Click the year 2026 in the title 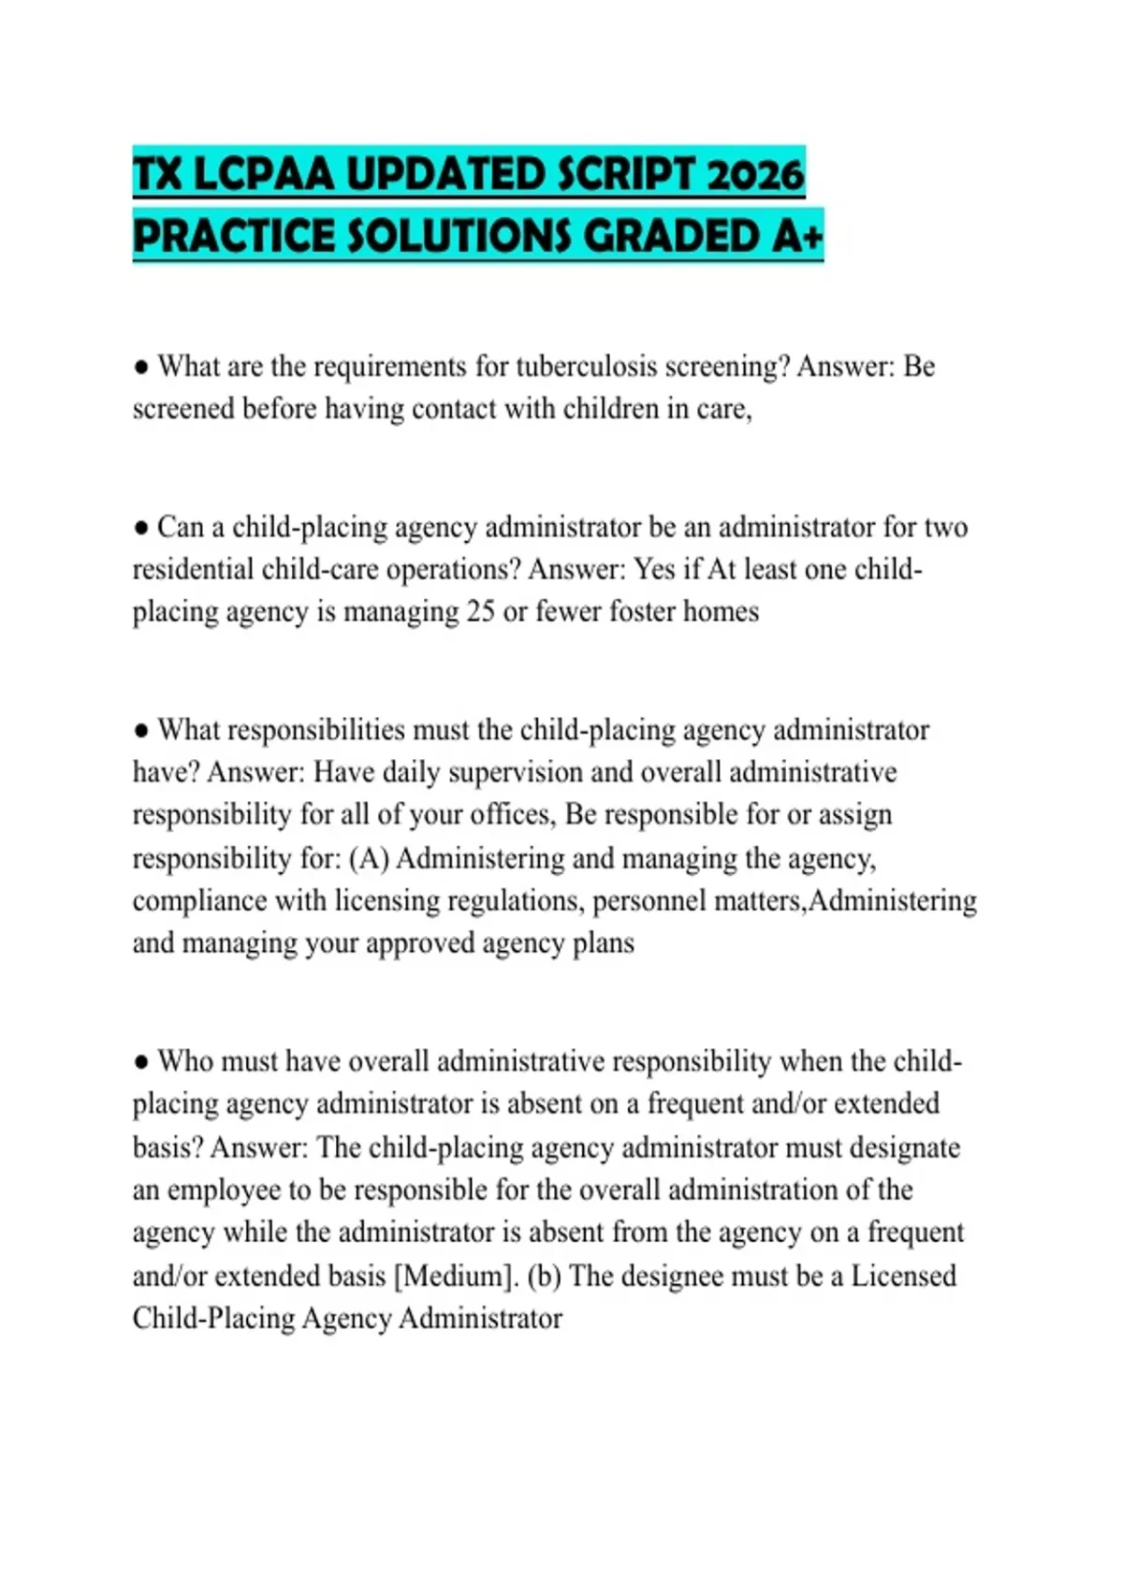click(x=755, y=175)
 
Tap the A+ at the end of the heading click(x=797, y=236)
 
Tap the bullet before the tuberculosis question click(x=141, y=367)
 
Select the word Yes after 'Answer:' click(x=655, y=569)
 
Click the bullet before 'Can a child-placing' click(x=141, y=528)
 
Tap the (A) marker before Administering click(x=369, y=858)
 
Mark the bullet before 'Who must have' click(x=141, y=1062)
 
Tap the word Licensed click(x=903, y=1276)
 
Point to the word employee click(x=223, y=1190)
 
